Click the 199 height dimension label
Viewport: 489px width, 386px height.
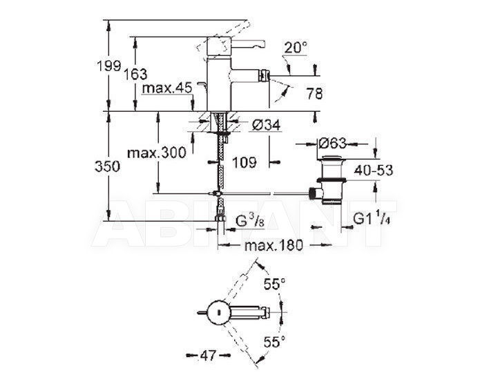coord(108,66)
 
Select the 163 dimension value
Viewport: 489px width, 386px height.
coord(135,74)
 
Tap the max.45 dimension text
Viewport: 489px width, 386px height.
coord(167,88)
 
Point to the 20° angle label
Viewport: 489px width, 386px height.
coord(296,48)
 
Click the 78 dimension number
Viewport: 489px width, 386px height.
coord(314,93)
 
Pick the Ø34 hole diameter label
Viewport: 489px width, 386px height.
coord(266,126)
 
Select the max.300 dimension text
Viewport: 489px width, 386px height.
coord(157,153)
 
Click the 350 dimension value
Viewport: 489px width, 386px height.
coord(107,166)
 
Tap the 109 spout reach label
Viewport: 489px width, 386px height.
coord(245,162)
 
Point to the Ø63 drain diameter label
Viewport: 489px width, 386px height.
coord(332,144)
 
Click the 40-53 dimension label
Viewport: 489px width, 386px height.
coord(373,171)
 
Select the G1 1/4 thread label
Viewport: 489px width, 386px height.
coord(372,219)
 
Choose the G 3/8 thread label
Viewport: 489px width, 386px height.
coord(250,222)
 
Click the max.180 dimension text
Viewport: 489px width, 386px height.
coord(274,246)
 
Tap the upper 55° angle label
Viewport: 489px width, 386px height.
coord(274,284)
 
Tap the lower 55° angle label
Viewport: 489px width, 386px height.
coord(274,342)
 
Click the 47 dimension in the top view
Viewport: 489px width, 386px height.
coord(209,356)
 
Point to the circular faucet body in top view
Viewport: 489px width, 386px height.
coord(219,312)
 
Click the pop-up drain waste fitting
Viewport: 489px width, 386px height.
coord(332,180)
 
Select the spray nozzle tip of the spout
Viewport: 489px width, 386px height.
coord(265,75)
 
